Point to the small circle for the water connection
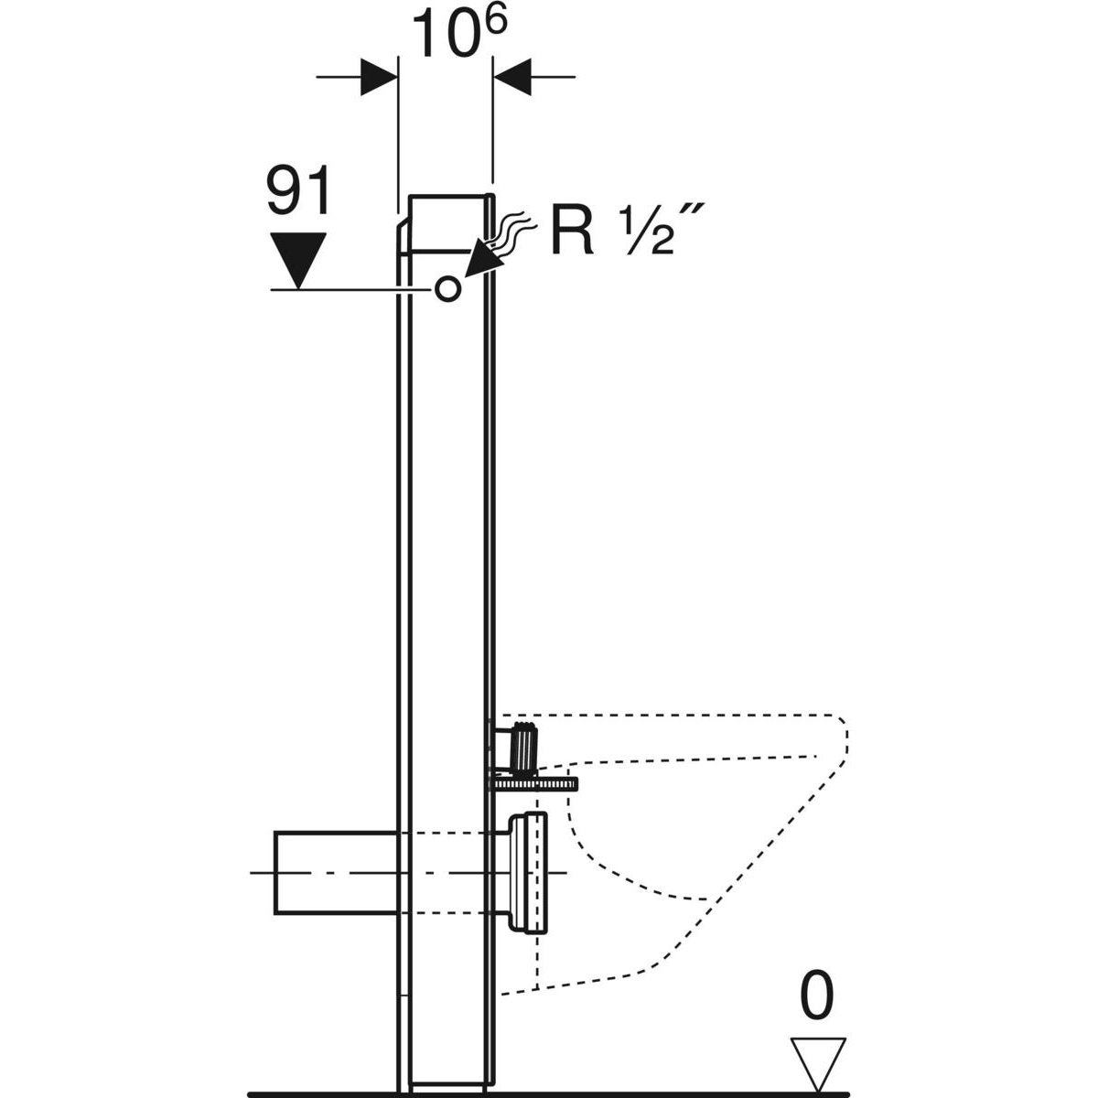(447, 289)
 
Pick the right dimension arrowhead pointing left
(512, 76)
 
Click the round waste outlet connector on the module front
(529, 873)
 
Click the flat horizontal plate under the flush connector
(535, 783)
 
